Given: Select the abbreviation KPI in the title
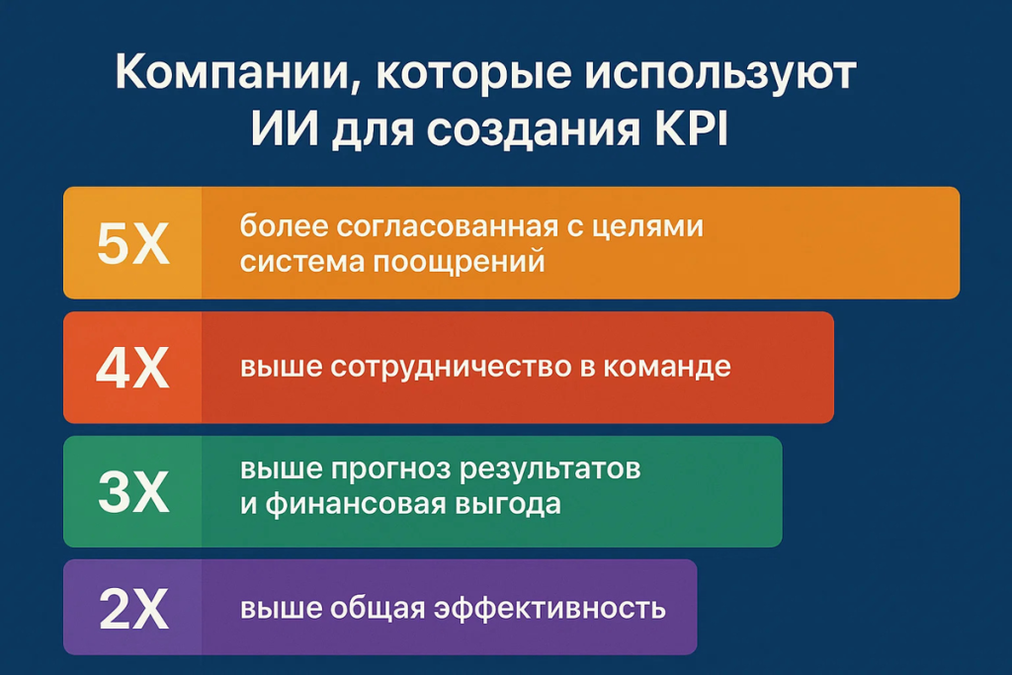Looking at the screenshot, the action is (x=691, y=128).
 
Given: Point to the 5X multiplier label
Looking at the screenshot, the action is (x=133, y=243).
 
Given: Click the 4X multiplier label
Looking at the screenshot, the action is (x=132, y=368).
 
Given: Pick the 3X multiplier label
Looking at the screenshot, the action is (x=133, y=492).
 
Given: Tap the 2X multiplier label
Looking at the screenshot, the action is (x=133, y=608).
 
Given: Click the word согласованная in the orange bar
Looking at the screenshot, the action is (x=447, y=226).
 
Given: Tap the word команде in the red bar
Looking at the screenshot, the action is (x=667, y=368).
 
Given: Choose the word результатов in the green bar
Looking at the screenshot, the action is (x=549, y=469).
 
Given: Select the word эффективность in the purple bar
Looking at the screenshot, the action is (x=549, y=608).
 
